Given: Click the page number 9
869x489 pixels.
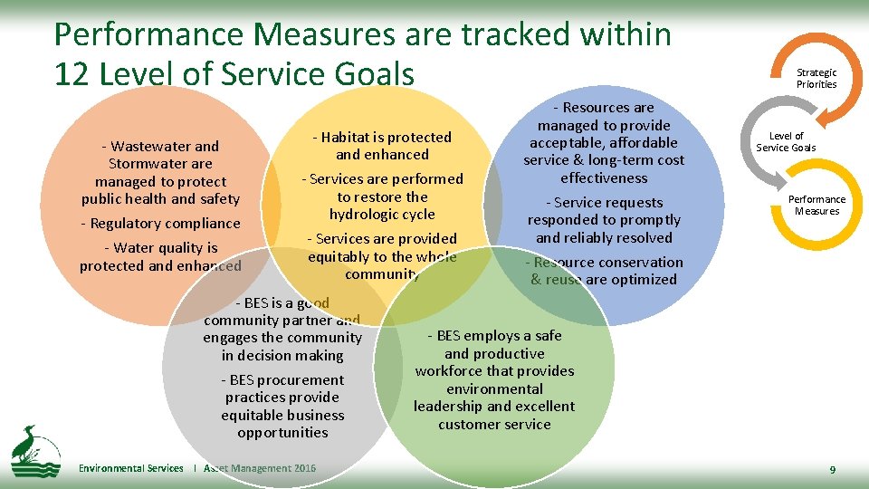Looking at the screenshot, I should pos(832,470).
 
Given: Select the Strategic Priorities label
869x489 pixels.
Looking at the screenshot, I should pos(816,79).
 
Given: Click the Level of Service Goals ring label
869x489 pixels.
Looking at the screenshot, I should pos(786,142).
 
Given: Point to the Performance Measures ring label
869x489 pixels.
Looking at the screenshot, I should pos(816,206).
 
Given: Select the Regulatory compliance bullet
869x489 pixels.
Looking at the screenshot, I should pos(160,224).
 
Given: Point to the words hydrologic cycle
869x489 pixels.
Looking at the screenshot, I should pos(382,215).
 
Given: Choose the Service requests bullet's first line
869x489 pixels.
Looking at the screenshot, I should pos(604,203).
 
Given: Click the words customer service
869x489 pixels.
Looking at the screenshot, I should pos(494,424).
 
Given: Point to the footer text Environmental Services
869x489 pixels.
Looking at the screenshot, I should pos(130,468).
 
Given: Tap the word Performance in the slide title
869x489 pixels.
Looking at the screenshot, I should pos(148,34).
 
